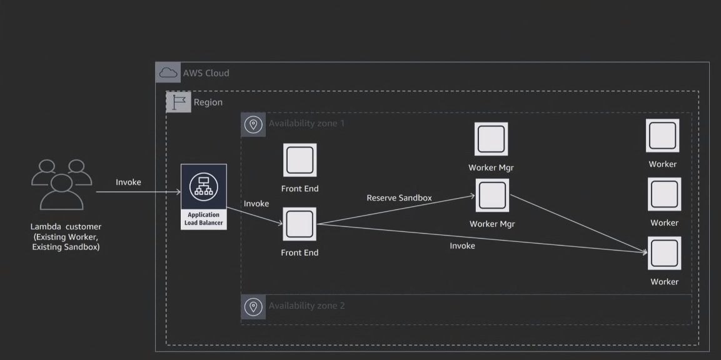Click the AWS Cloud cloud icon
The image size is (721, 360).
168,72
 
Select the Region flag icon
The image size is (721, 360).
178,102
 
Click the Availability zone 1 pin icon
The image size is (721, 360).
253,124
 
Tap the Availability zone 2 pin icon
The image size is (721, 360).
253,307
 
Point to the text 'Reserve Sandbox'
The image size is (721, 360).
399,197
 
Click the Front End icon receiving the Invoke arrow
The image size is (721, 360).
300,224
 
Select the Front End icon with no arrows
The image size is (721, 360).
300,160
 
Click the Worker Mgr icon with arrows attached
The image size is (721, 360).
492,195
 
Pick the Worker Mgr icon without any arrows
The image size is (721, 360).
491,139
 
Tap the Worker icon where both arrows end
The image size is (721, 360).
664,253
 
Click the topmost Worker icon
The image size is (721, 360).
662,136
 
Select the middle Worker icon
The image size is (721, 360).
664,194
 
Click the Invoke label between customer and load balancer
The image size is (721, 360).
128,182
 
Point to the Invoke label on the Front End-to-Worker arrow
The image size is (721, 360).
462,246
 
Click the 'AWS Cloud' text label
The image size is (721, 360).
206,73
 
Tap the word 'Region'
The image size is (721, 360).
208,102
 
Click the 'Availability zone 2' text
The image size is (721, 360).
306,306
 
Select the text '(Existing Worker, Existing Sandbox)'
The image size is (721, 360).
66,242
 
